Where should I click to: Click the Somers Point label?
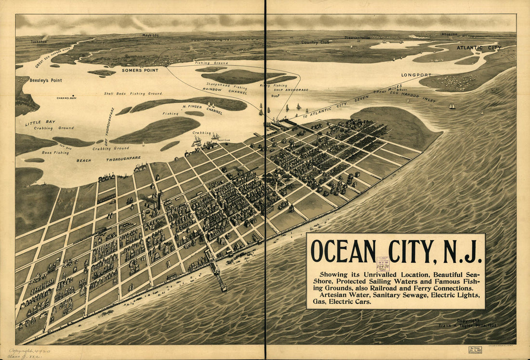[x=140, y=70]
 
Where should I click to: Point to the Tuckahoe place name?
[x=39, y=41]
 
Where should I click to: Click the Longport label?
[x=417, y=75]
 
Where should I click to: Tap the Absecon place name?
[x=449, y=34]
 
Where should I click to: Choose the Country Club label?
[x=316, y=42]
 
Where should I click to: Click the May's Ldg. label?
[x=150, y=35]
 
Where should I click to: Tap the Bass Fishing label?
[x=55, y=152]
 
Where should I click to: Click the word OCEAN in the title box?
[x=343, y=251]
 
